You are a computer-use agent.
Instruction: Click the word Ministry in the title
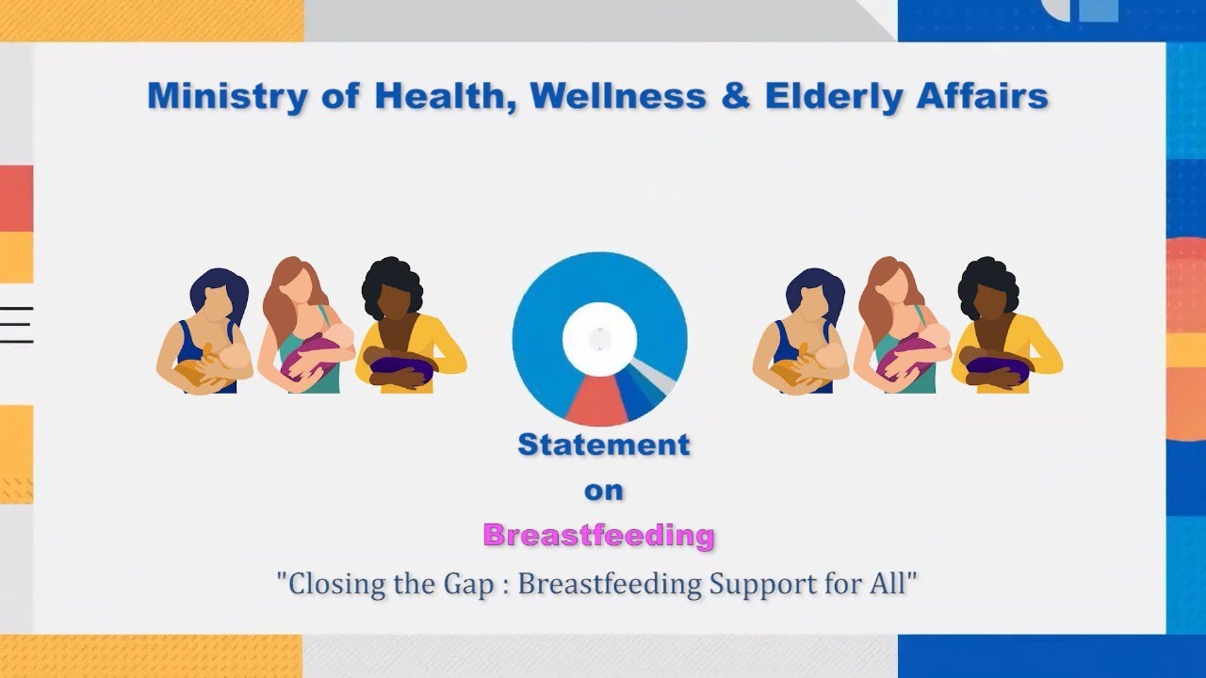(x=228, y=96)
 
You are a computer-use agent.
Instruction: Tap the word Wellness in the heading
(x=617, y=96)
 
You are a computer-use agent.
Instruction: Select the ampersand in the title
(x=736, y=96)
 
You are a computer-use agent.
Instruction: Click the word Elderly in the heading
(x=834, y=97)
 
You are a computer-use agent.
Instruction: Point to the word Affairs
(x=983, y=96)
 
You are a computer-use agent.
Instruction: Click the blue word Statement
(x=604, y=445)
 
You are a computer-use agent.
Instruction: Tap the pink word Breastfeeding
(x=598, y=536)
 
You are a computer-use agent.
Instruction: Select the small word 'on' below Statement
(x=604, y=491)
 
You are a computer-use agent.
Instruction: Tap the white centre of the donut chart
(x=599, y=339)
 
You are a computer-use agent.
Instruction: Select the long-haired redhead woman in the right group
(x=900, y=325)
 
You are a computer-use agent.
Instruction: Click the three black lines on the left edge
(x=17, y=325)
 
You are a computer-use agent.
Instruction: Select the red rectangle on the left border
(x=17, y=199)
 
